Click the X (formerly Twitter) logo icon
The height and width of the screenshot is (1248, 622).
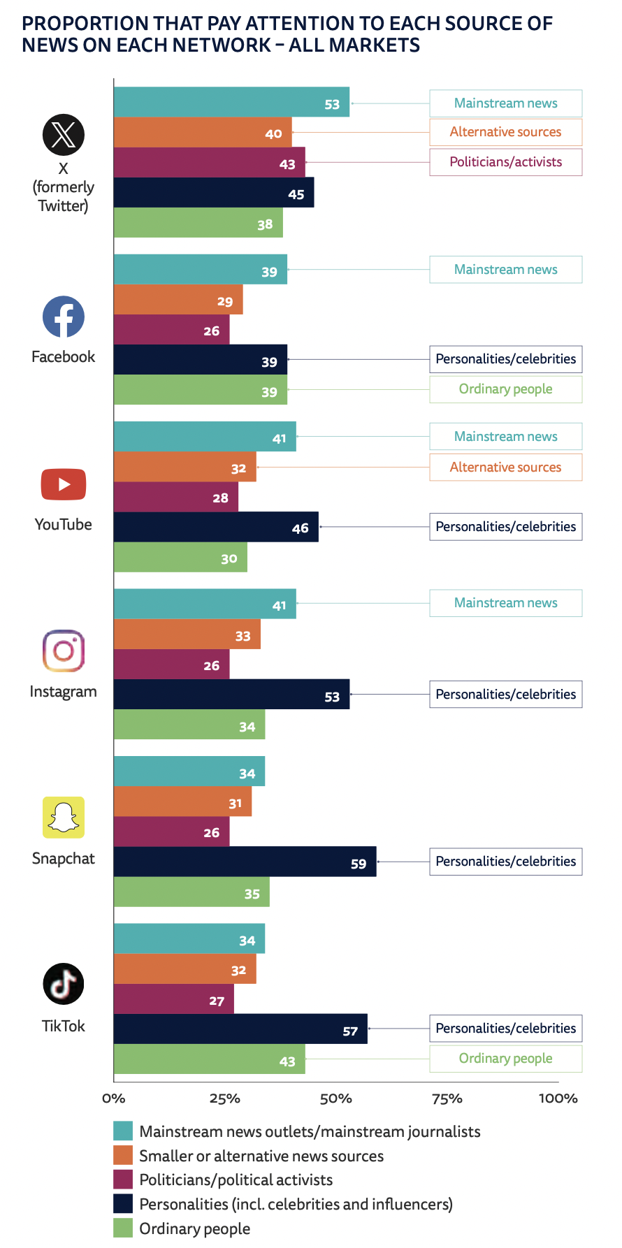coord(64,134)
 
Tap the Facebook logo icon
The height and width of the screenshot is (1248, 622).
coord(64,317)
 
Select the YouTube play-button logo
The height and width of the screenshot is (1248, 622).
coord(64,484)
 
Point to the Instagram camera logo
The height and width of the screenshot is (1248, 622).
coord(64,651)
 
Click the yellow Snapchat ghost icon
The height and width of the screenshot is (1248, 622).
coord(64,818)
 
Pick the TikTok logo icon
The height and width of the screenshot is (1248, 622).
coord(64,984)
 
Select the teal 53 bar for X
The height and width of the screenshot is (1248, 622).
coord(231,103)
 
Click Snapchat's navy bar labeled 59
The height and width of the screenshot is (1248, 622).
coord(245,862)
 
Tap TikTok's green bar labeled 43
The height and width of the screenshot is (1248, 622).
coord(209,1059)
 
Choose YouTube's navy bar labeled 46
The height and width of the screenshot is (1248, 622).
coord(216,527)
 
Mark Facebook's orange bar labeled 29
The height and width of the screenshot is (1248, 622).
coord(178,300)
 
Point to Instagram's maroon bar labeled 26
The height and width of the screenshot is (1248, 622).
coord(171,665)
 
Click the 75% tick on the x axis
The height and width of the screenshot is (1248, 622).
coord(447,1098)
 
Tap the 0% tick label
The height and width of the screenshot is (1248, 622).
coord(114,1098)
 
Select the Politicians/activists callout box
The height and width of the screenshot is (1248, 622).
coord(505,162)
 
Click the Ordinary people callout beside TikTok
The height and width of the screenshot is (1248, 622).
coord(505,1059)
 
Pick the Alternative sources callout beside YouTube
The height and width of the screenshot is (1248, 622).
coord(505,467)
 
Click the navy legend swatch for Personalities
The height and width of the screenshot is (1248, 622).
coord(123,1204)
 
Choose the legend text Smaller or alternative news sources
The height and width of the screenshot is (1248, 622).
coord(261,1156)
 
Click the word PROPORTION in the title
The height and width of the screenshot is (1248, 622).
coord(85,24)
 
